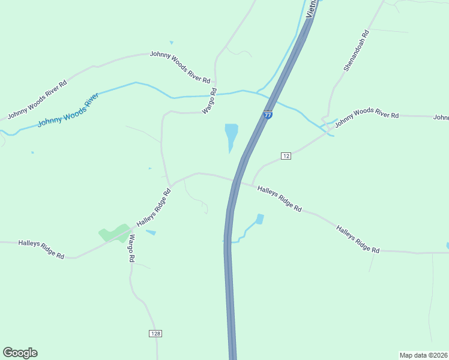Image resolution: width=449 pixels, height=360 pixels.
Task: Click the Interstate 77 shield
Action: pos(268,115)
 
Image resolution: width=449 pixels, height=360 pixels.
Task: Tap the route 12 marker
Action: pos(286,156)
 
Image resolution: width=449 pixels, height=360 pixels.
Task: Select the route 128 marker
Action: pos(155,333)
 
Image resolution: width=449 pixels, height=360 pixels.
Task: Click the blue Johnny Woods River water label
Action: pos(67,110)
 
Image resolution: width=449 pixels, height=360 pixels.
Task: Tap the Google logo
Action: pos(20,353)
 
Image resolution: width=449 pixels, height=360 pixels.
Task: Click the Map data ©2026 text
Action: pos(423,355)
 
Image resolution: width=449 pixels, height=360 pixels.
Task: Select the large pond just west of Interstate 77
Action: pos(231,136)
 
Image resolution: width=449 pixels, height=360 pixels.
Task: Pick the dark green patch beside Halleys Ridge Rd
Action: pos(114,233)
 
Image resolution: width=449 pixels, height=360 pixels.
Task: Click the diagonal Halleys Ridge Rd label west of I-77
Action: pos(154,208)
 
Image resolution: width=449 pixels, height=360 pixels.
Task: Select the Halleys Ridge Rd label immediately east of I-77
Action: pos(279,199)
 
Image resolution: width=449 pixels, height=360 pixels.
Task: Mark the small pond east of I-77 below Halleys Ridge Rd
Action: pos(259,219)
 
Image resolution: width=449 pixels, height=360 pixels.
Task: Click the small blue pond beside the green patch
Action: pos(151,232)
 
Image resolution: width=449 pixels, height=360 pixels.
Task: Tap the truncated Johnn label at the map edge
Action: pos(441,118)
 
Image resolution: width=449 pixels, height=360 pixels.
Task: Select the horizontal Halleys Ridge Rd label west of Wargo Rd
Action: pos(41,248)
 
